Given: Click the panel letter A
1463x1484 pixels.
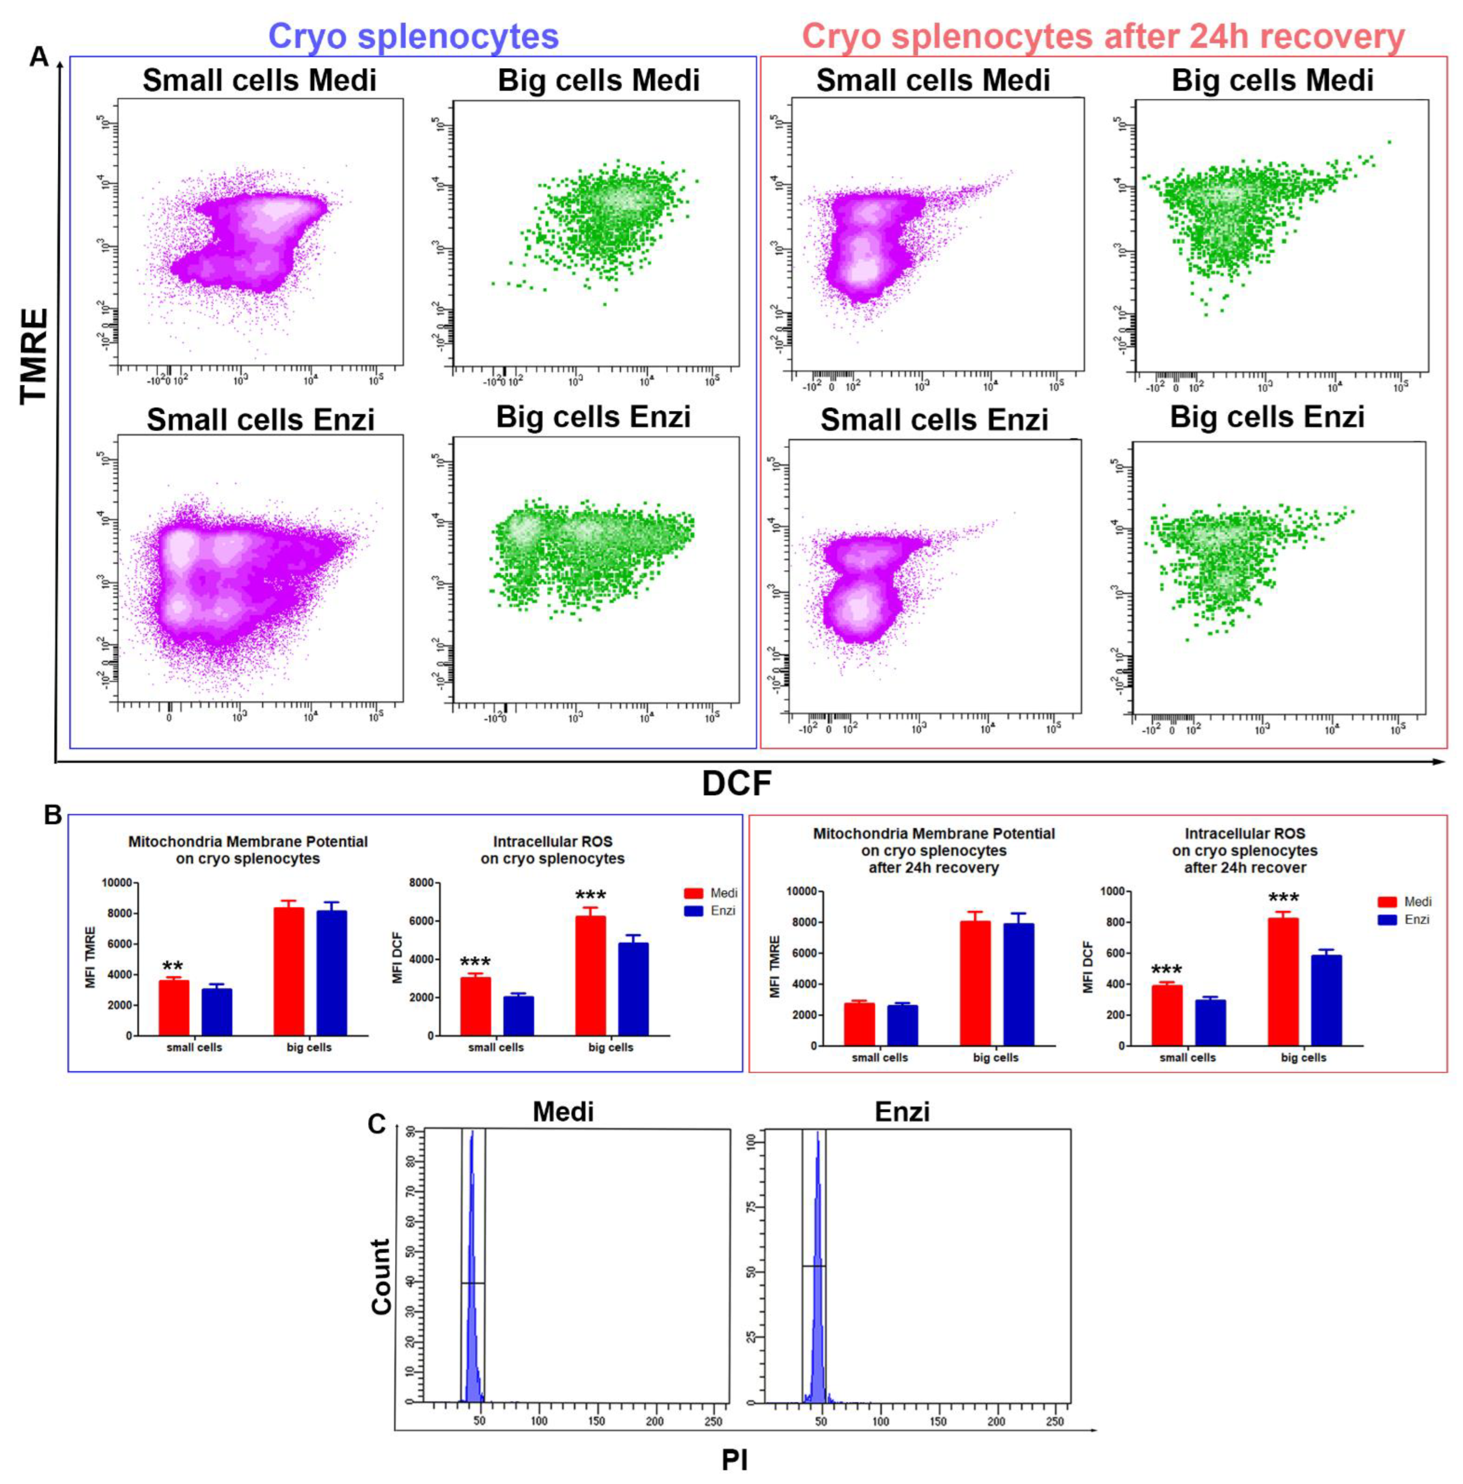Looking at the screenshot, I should [39, 56].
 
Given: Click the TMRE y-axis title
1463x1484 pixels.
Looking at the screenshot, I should [34, 355].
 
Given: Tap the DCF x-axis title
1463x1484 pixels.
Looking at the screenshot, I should [735, 783].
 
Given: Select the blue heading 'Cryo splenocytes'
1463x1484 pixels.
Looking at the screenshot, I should [413, 36].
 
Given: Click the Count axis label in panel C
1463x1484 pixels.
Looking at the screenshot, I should [381, 1276].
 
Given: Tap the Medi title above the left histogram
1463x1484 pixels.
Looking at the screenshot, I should [562, 1111].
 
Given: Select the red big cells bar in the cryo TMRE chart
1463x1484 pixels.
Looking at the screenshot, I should [289, 972].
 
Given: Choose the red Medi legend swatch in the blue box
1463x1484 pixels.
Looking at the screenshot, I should [694, 893].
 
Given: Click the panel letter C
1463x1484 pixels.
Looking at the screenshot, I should [376, 1124].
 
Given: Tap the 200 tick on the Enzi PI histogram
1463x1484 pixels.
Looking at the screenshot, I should [996, 1421].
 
